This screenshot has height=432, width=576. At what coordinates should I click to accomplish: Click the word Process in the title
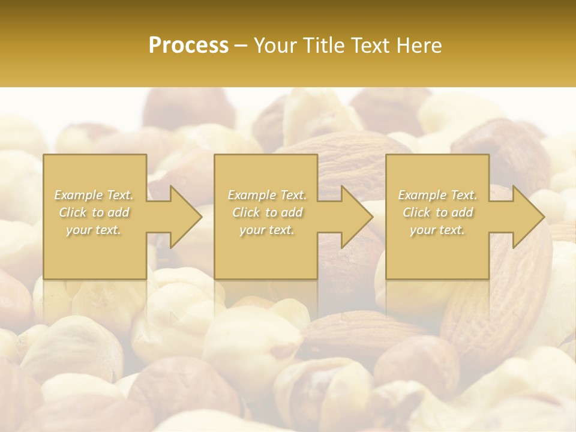188,46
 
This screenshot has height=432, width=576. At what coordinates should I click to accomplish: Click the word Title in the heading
324,46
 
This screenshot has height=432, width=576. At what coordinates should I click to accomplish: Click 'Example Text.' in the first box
94,195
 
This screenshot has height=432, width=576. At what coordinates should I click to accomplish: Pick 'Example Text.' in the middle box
267,195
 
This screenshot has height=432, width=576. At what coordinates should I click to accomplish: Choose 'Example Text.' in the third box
437,195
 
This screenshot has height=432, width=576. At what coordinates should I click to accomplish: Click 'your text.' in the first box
94,230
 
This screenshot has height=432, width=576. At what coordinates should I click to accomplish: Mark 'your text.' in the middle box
267,230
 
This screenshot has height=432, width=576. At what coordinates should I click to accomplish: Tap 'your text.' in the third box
437,230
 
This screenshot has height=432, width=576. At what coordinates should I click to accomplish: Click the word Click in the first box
73,212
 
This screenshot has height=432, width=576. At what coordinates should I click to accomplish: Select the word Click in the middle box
246,212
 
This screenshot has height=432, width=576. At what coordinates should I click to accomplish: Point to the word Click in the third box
416,212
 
